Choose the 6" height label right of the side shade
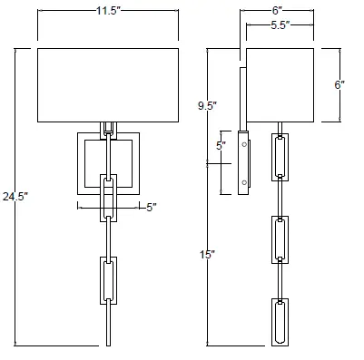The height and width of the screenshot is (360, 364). [340, 84]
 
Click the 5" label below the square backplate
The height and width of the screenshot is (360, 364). [152, 207]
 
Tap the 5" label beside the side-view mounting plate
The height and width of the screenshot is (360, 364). [220, 145]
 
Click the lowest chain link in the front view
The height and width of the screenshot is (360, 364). [109, 280]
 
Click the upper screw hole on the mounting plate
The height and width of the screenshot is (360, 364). [243, 145]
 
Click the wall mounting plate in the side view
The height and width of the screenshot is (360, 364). [243, 163]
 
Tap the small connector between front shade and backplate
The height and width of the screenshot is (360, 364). [109, 127]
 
